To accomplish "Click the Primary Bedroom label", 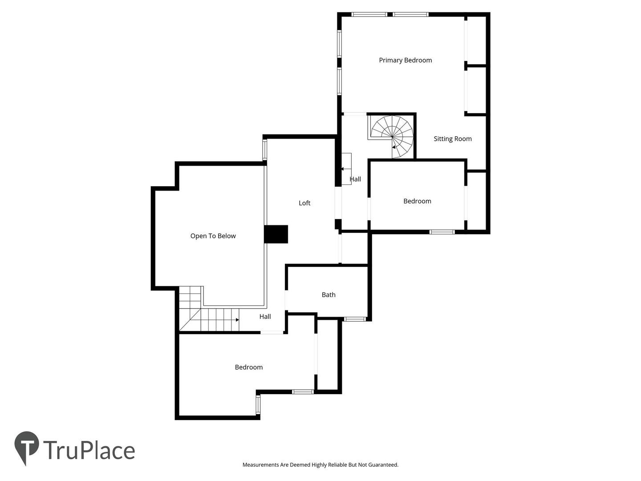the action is click(x=405, y=60).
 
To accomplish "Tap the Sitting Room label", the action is click(x=452, y=139).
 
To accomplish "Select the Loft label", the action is click(x=304, y=203).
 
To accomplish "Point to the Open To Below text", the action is click(x=213, y=236).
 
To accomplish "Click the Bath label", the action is click(x=329, y=295).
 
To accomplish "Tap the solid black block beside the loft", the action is click(x=276, y=234).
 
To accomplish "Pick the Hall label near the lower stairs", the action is click(x=265, y=317).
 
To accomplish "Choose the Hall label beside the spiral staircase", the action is click(x=355, y=179).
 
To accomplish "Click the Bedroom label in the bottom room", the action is click(x=248, y=367).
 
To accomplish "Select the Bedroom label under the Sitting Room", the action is click(x=417, y=201).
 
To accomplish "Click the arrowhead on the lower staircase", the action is click(x=237, y=320).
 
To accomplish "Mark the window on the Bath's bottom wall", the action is click(x=354, y=319).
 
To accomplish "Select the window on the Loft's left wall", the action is click(x=264, y=150).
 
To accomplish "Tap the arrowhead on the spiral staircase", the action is click(x=394, y=147).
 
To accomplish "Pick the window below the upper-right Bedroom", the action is click(x=442, y=232).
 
